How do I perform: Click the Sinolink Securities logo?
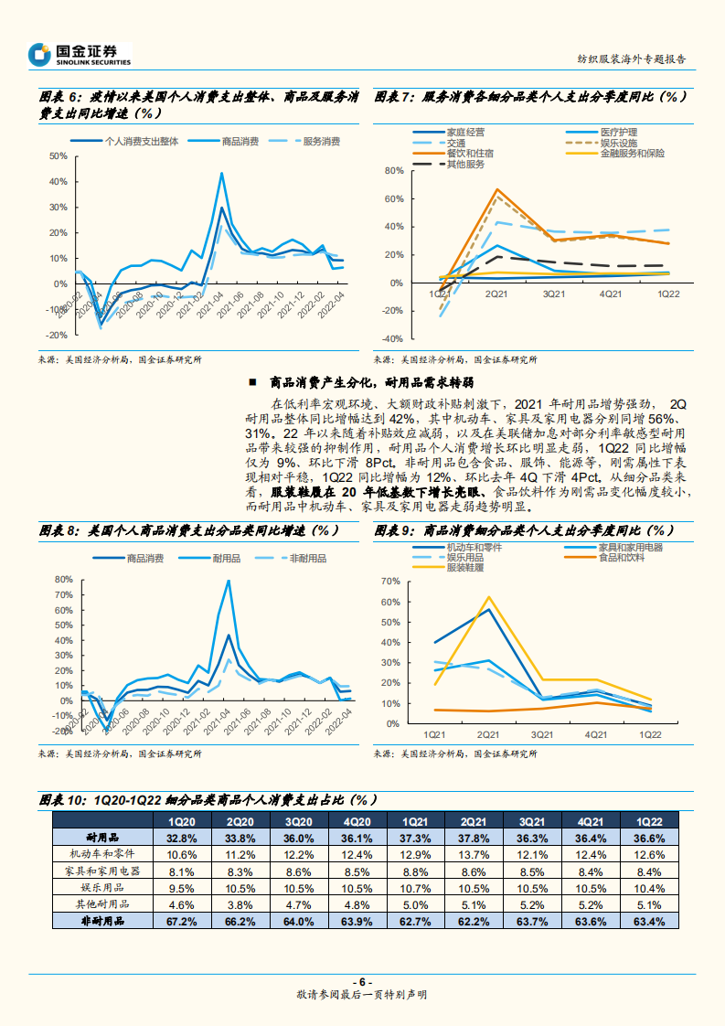pos(80,54)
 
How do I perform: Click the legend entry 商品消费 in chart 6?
pos(240,141)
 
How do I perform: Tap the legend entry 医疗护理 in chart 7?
pos(619,133)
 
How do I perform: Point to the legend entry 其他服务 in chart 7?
pos(464,164)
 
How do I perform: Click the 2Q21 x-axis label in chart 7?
pos(496,294)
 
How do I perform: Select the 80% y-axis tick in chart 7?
pos(394,171)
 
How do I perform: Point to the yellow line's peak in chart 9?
pos(488,597)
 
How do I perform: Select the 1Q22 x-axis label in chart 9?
pos(651,734)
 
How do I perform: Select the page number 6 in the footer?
pos(362,980)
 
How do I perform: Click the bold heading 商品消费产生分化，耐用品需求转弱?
pos(372,382)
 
